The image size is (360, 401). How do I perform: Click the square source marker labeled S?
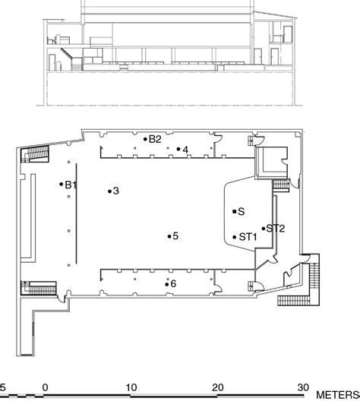[234, 211]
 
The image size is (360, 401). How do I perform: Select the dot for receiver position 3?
[109, 191]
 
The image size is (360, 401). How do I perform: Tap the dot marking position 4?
[178, 149]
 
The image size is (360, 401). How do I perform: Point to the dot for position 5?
[169, 236]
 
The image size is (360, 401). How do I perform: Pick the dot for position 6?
[167, 284]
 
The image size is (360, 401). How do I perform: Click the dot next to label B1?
[61, 184]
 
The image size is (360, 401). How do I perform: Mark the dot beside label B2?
[146, 139]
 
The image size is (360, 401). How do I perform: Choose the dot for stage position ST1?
[235, 237]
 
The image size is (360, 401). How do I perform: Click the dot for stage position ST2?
[264, 229]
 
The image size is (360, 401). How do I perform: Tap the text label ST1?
[248, 237]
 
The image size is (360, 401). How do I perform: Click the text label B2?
[155, 140]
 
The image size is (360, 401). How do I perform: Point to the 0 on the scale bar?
[45, 387]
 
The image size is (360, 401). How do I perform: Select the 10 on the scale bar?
[131, 387]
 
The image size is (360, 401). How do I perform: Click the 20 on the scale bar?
[217, 387]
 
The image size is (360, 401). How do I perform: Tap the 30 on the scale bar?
[303, 387]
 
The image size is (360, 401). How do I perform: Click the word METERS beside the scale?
[337, 395]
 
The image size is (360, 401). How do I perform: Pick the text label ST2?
[276, 229]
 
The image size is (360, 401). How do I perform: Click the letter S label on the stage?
[241, 211]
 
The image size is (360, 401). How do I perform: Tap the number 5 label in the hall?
[175, 236]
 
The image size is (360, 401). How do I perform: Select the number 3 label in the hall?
[116, 191]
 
